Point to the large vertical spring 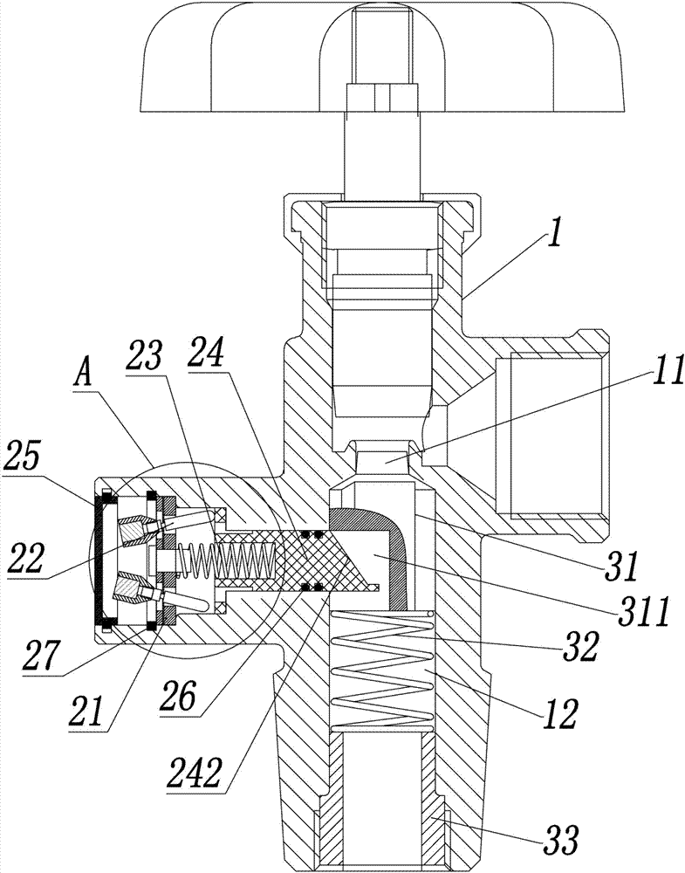pos(381,668)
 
